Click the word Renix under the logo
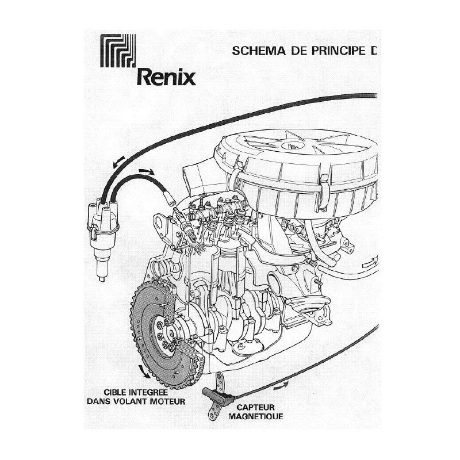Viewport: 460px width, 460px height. (166, 78)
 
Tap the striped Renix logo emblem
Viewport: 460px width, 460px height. (118, 51)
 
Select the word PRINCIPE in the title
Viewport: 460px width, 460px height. (338, 51)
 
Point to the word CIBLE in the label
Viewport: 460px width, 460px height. (116, 393)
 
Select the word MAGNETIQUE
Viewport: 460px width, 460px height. (255, 416)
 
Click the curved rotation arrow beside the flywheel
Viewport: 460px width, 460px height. (144, 371)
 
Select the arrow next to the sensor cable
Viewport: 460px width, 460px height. (281, 386)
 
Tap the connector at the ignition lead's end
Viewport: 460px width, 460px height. (170, 200)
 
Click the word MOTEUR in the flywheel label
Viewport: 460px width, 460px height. (168, 401)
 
